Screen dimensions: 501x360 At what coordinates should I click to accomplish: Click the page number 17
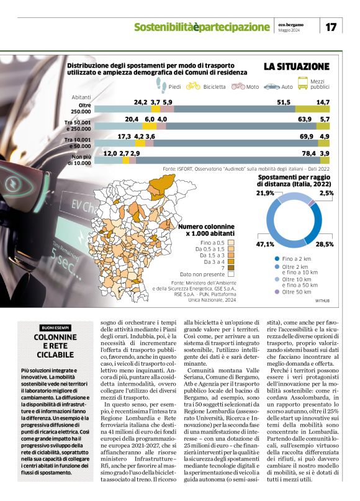point(331,27)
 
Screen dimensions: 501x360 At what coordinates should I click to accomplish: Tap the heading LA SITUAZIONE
point(296,66)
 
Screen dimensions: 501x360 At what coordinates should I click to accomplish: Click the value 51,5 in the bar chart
point(284,102)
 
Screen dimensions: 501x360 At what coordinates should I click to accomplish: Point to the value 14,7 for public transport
point(323,102)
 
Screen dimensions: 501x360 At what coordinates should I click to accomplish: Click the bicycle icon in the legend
point(193,87)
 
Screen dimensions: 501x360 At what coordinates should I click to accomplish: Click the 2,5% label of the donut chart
point(327,193)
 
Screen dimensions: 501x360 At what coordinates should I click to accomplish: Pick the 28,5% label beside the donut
point(325,244)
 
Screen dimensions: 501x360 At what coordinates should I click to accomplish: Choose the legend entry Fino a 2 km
point(297,258)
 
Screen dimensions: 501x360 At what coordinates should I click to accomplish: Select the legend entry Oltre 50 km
point(297,291)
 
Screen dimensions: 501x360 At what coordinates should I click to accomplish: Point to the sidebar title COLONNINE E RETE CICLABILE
point(55,346)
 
